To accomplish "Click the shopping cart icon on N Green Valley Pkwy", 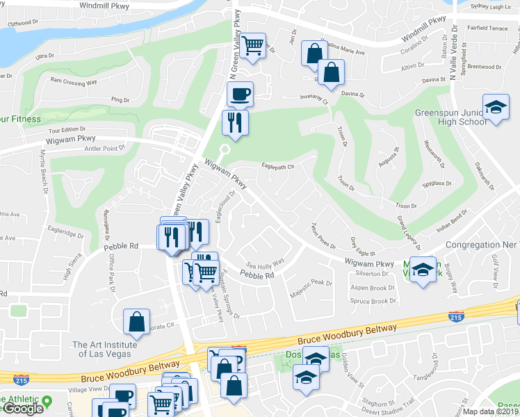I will point(254,46).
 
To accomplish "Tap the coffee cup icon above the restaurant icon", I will point(240,93).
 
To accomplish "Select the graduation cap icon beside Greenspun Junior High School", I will point(496,108).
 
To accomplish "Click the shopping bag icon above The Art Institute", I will point(136,322).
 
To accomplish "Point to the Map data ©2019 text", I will point(491,411).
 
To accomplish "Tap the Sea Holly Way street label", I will point(266,263).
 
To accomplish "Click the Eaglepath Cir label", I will point(278,166).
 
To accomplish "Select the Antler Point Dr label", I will point(103,147).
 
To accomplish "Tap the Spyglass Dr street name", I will point(437,184).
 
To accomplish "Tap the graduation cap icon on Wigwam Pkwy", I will point(422,269).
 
